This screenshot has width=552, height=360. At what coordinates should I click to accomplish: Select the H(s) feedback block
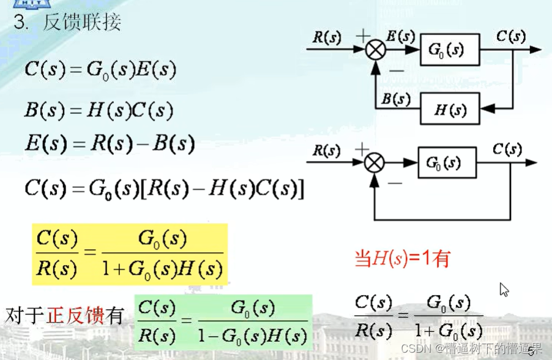point(450,110)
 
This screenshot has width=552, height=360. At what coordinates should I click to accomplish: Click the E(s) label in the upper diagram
point(400,37)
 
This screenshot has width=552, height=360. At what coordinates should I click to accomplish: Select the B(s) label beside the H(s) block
point(395,99)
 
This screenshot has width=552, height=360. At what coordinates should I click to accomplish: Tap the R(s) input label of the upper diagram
point(327,37)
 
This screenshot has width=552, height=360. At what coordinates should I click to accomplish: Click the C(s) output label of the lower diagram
point(507,149)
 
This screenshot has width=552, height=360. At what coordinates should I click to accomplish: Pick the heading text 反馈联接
point(82,23)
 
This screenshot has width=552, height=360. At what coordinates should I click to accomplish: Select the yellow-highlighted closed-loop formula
point(129,254)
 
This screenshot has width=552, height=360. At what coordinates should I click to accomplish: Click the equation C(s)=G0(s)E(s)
point(100,70)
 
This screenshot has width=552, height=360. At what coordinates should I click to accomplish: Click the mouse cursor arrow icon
point(504,290)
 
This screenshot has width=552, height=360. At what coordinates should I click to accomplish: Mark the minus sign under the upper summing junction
point(395,70)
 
